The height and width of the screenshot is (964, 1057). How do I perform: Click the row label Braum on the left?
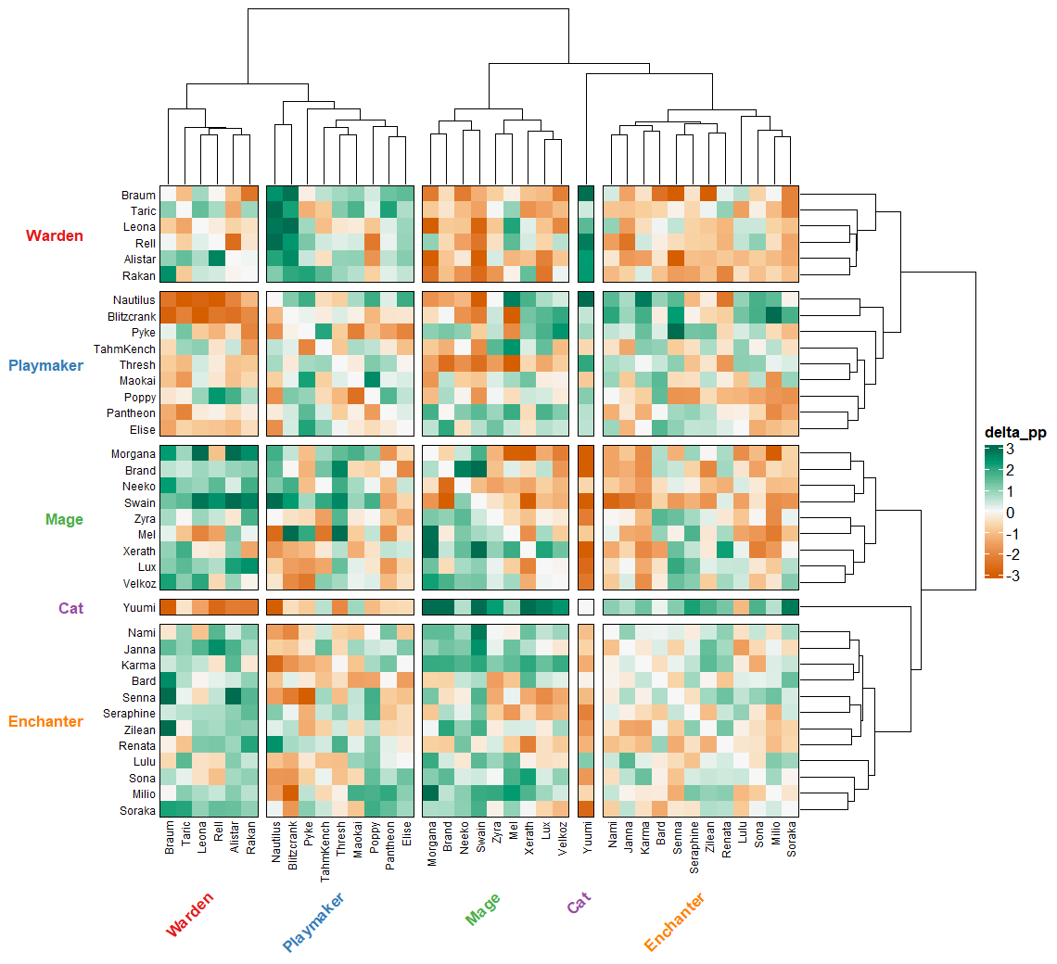pyautogui.click(x=138, y=196)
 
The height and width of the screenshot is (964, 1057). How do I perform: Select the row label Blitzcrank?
pyautogui.click(x=131, y=316)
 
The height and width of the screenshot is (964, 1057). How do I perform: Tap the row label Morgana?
pyautogui.click(x=134, y=454)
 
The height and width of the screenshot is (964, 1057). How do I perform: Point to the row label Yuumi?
pyautogui.click(x=139, y=608)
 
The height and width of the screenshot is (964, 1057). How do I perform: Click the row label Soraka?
pyautogui.click(x=136, y=810)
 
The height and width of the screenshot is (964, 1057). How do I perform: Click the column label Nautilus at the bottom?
pyautogui.click(x=275, y=843)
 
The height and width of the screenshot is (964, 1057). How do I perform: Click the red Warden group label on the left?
pyautogui.click(x=55, y=235)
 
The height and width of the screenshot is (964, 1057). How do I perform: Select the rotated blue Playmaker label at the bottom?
pyautogui.click(x=313, y=922)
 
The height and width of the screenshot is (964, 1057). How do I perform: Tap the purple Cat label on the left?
pyautogui.click(x=70, y=608)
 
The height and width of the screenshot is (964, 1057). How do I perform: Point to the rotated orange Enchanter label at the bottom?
pyautogui.click(x=675, y=922)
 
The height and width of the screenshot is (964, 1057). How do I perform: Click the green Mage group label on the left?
pyautogui.click(x=64, y=519)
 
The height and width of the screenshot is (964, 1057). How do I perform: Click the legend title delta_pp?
pyautogui.click(x=1015, y=433)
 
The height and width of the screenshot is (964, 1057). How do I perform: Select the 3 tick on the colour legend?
pyautogui.click(x=1010, y=450)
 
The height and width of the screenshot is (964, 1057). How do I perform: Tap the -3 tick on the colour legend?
pyautogui.click(x=1013, y=575)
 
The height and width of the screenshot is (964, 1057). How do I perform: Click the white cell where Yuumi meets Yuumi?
pyautogui.click(x=585, y=608)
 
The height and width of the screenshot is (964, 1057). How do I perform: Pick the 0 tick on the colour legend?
pyautogui.click(x=1010, y=513)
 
